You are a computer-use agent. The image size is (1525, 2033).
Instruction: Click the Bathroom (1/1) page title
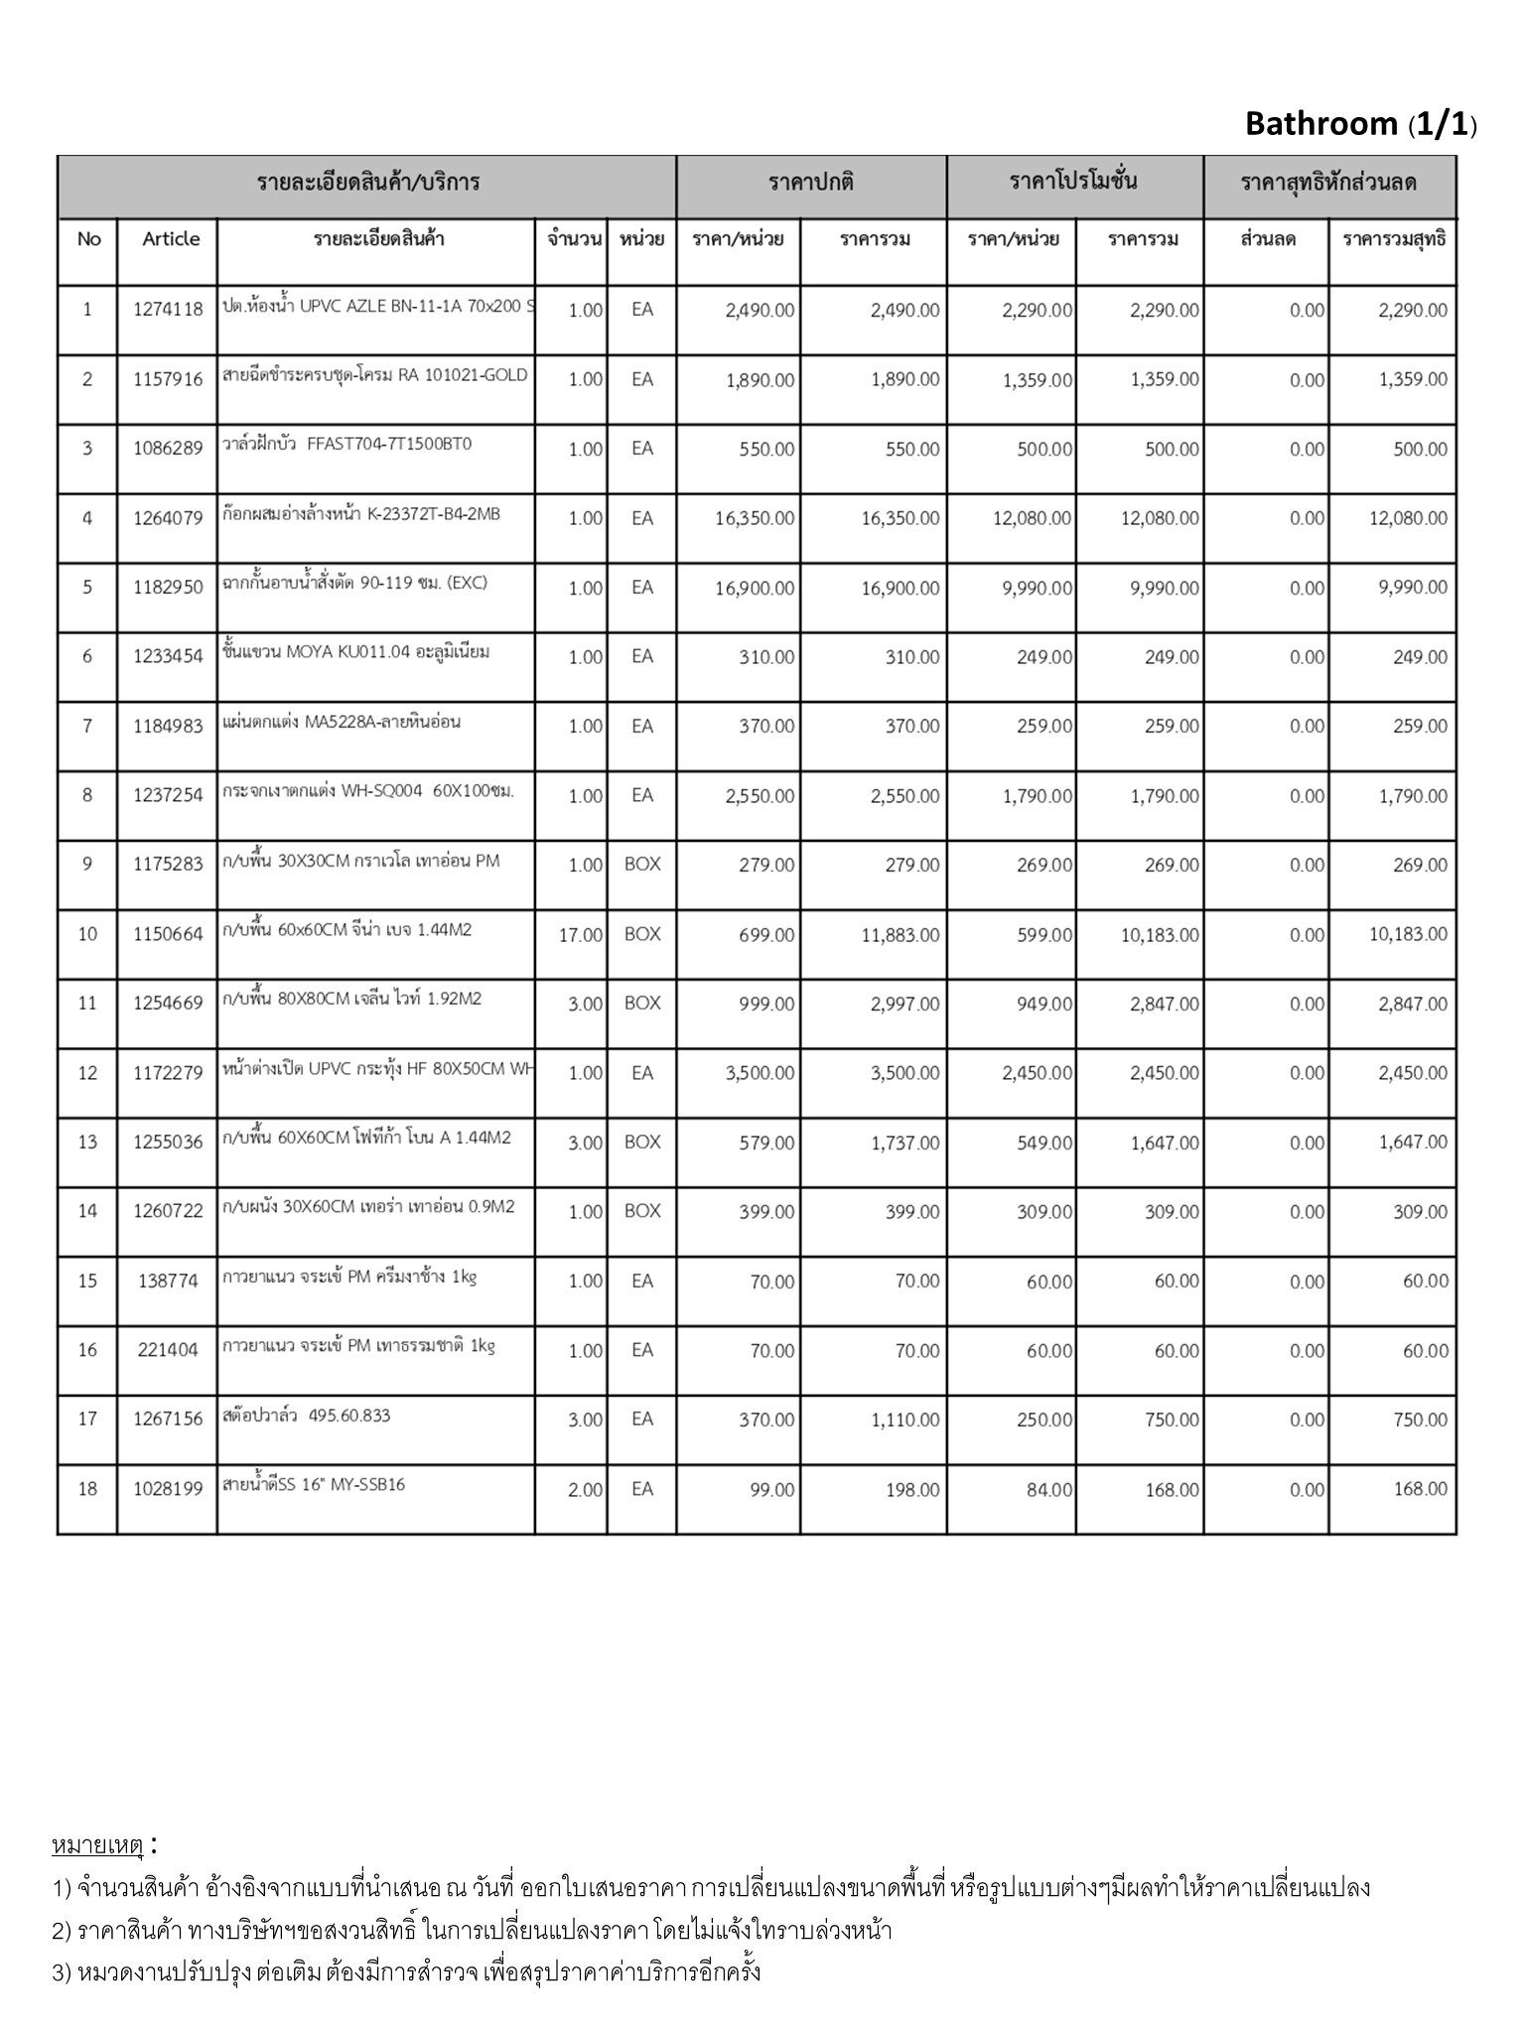[x=1360, y=124]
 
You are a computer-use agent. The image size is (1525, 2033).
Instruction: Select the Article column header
[x=171, y=239]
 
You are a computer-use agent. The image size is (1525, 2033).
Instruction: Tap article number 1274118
[x=168, y=310]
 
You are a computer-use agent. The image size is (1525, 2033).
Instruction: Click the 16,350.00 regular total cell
[x=900, y=518]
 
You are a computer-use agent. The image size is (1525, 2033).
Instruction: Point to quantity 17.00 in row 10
[x=580, y=935]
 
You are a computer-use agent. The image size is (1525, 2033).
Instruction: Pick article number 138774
[x=168, y=1282]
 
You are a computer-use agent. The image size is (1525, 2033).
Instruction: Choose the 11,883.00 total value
[x=900, y=935]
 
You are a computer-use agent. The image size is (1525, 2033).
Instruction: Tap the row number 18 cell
[x=87, y=1489]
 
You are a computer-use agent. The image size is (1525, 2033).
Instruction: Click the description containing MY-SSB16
[x=314, y=1485]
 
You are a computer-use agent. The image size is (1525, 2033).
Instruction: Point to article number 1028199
[x=168, y=1489]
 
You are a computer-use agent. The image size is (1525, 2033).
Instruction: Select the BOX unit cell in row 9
[x=642, y=865]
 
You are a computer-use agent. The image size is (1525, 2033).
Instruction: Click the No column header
[x=88, y=239]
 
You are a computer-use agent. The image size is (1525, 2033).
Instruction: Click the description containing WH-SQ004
[x=368, y=791]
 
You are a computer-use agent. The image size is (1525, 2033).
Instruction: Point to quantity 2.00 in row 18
[x=585, y=1490]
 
